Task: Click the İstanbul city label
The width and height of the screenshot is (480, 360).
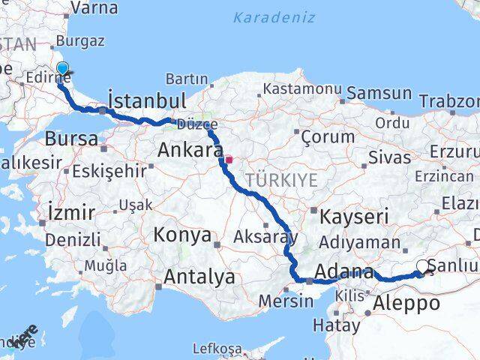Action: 147,100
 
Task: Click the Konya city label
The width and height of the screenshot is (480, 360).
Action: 182,235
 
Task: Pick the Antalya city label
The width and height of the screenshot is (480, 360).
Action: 199,277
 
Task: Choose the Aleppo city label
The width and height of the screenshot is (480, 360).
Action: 407,304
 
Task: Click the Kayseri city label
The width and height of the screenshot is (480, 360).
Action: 354,217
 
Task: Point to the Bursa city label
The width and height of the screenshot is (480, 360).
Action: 71,139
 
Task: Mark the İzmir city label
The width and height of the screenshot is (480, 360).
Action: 70,212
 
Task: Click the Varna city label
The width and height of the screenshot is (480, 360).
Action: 93,8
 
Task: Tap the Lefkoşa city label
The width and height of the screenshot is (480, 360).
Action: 217,349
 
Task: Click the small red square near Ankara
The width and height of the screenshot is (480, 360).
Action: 229,159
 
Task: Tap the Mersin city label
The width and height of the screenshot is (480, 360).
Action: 286,301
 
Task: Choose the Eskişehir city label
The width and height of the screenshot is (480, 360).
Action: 110,170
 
